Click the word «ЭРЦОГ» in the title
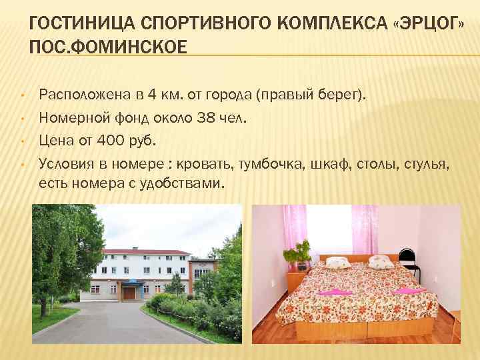tap(428, 25)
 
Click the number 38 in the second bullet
tap(205, 119)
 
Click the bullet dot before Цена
tap(22, 141)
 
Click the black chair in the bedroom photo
tap(409, 262)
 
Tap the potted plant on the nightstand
tap(297, 253)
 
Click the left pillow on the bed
tap(337, 262)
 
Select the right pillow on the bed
tap(381, 261)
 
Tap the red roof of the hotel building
tap(143, 251)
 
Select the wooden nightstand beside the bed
tap(297, 281)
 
